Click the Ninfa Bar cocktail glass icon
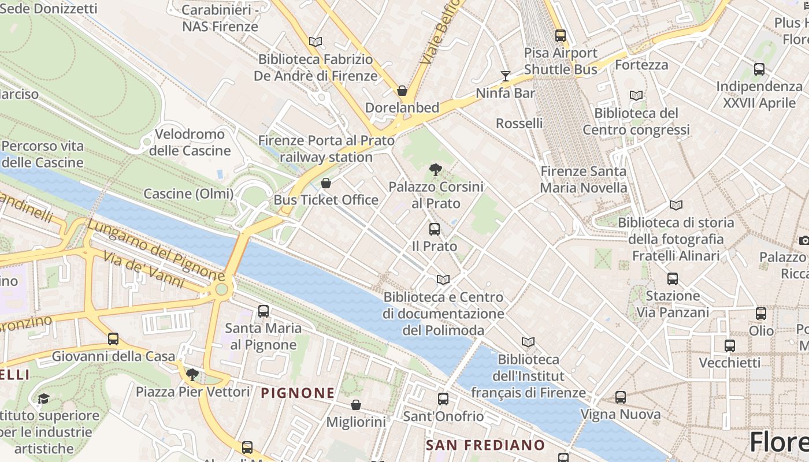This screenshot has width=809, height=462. point(506,76)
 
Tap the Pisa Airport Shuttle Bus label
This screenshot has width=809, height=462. point(561,61)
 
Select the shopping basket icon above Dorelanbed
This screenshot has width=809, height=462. point(402,91)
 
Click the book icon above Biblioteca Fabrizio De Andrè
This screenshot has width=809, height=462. point(315,42)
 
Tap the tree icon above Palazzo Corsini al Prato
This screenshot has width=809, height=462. point(436,170)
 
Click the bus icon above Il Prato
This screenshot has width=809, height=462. point(435,229)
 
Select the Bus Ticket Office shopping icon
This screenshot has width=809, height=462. point(326,184)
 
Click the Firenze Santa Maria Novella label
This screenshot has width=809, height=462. point(583,180)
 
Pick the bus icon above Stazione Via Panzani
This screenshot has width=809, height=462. point(673,279)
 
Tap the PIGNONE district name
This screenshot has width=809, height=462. point(298,393)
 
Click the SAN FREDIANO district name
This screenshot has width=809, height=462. point(485,445)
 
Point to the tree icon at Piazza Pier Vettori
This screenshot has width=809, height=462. point(192,375)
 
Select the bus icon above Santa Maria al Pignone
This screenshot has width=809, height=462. point(264,311)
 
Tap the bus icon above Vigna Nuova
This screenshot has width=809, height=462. point(621,397)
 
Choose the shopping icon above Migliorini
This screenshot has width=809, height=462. point(356,405)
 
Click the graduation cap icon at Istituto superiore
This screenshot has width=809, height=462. point(43,398)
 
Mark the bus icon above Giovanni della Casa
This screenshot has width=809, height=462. point(113,339)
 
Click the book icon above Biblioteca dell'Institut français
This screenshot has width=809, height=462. point(528,342)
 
